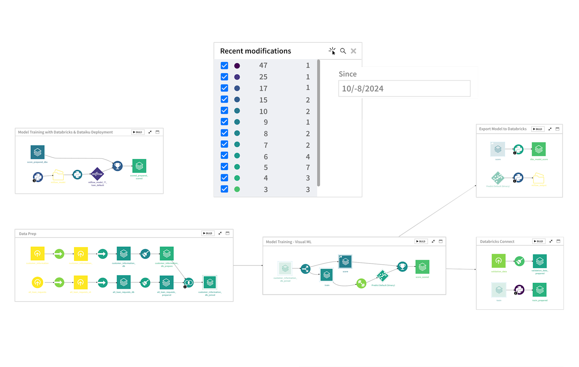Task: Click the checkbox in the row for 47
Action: tap(224, 66)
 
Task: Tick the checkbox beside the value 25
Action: tap(224, 77)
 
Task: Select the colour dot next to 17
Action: tap(237, 88)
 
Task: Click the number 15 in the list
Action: tap(263, 100)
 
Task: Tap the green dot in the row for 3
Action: tap(237, 189)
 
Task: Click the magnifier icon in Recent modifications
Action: tap(343, 51)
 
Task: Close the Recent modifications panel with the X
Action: tap(353, 51)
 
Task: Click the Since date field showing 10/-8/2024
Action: tap(404, 89)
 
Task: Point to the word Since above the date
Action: tap(347, 74)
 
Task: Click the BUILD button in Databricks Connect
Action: tap(538, 241)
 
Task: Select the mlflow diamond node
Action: tap(97, 174)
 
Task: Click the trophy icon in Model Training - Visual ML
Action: tap(402, 266)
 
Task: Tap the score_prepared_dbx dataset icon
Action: tap(37, 152)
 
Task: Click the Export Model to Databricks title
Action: tap(503, 129)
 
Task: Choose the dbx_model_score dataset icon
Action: tap(538, 149)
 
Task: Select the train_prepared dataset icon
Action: tap(540, 290)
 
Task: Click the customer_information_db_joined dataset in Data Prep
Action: tap(210, 283)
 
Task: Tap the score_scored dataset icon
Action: tap(422, 267)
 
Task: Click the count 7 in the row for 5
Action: tap(308, 167)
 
